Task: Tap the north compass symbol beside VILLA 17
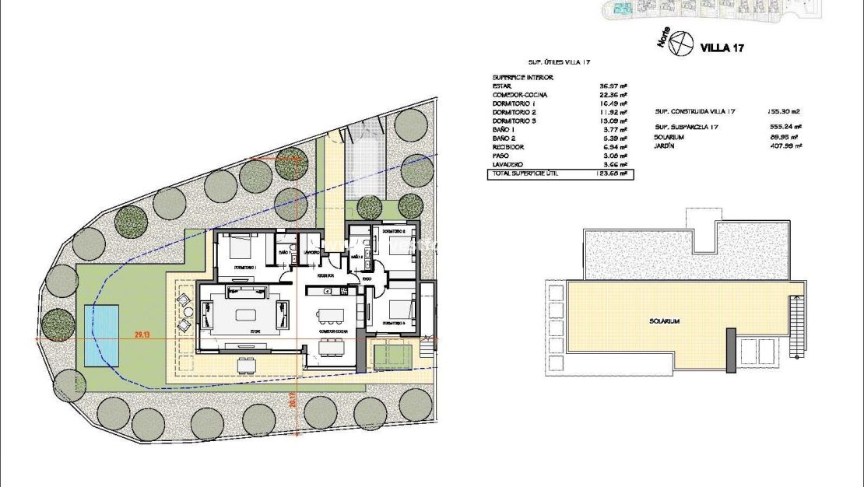682,44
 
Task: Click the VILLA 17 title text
722,48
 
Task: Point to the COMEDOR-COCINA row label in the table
519,95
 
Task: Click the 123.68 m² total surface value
613,173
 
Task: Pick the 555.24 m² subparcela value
786,127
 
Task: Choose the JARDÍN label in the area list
666,145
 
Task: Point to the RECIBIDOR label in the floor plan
325,275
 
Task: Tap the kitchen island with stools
329,315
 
